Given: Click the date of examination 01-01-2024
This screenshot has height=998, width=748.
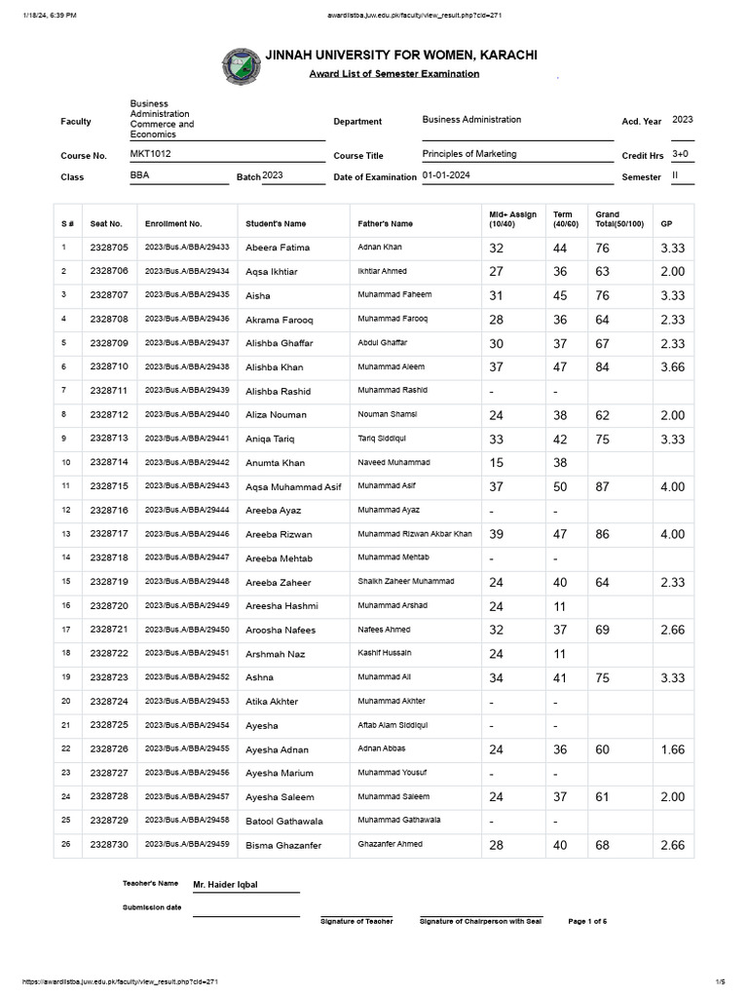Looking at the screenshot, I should point(447,175).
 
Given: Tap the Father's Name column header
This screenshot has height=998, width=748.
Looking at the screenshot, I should point(385,224).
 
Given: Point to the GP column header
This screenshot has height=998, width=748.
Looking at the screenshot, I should point(666,224).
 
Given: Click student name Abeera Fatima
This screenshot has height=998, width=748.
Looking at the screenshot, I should point(278,249).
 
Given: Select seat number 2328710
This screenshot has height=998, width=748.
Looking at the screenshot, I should point(109,366).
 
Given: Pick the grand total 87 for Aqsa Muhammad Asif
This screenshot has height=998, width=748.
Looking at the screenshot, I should point(603,486).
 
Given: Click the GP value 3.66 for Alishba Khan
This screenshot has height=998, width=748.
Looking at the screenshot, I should point(672,366).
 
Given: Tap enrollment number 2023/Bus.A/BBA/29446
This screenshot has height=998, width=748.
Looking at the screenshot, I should point(187,534).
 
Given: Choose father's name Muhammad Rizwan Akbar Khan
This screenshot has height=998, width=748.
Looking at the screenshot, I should point(415,534).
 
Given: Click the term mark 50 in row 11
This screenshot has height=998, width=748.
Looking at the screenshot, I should point(561,486).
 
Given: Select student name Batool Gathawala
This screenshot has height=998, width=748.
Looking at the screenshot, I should point(284,822).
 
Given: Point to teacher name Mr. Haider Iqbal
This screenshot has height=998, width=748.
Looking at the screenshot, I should point(232,885).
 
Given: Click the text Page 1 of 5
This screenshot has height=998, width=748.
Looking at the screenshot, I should point(587,921).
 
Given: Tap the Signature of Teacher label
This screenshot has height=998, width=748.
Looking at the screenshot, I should point(356,921).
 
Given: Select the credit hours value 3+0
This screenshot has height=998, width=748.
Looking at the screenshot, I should point(680,154).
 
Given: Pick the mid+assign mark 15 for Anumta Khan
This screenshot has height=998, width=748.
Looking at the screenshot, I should point(497,463).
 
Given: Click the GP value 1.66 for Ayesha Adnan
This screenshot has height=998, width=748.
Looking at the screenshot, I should point(672,749).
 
